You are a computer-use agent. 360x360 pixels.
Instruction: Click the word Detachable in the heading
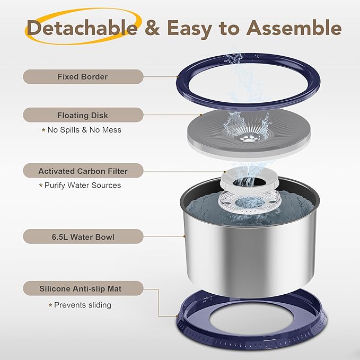pos(82,28)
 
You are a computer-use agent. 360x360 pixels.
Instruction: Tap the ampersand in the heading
pos(152,28)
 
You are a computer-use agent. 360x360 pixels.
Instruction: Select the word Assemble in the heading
pos(294,28)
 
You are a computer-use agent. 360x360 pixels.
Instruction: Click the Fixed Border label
pos(83,77)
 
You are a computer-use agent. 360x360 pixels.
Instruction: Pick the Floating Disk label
pos(83,115)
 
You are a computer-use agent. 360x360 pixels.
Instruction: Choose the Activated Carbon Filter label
pos(83,171)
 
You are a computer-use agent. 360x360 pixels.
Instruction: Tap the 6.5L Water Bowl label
pos(83,236)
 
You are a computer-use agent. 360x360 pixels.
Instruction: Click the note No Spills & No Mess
pos(82,130)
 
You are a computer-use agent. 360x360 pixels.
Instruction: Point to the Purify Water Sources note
pos(80,185)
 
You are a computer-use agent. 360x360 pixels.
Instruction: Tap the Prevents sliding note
pos(80,305)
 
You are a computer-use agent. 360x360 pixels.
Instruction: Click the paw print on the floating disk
pos(248,138)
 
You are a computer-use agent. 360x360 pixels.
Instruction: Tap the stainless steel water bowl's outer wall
pos(249,257)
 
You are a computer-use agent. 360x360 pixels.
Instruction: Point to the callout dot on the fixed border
pos(177,77)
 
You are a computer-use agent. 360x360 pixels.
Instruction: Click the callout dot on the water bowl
pos(184,236)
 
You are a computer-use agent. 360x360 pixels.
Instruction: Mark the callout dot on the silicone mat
pos(177,316)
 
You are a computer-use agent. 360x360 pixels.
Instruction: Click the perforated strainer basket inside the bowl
pos(249,201)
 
